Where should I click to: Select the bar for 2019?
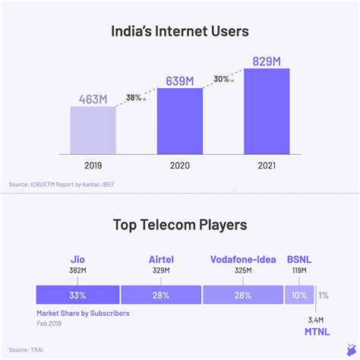93,130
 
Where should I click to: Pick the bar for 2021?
266,111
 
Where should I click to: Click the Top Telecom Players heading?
179,225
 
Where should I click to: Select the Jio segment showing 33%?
78,295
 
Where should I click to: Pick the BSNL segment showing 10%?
298,295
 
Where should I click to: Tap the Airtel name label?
161,259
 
